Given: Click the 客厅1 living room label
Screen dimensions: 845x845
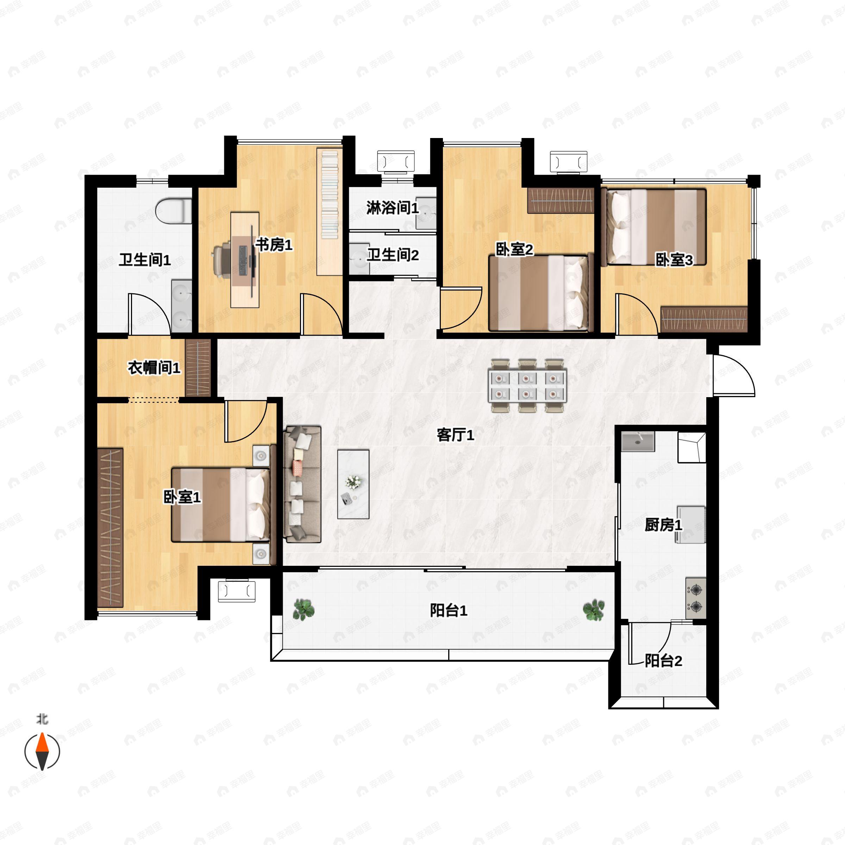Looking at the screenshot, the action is click(x=455, y=435).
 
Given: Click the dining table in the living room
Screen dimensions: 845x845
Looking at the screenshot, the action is click(x=527, y=385).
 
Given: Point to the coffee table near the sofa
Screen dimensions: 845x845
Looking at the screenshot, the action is click(x=353, y=484).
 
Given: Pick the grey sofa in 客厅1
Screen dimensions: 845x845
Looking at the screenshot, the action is click(x=302, y=484).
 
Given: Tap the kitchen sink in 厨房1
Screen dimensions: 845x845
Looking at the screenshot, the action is click(x=638, y=441).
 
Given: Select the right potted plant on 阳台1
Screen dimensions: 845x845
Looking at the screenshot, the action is click(x=594, y=609).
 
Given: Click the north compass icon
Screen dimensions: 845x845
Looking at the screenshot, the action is click(x=42, y=751).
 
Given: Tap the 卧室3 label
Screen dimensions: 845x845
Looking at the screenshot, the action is click(x=674, y=260).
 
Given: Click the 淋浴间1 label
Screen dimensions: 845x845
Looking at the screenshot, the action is click(x=392, y=208).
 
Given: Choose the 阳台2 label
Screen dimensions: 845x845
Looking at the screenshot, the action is click(x=663, y=661).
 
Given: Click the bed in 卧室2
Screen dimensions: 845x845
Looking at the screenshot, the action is click(x=540, y=293).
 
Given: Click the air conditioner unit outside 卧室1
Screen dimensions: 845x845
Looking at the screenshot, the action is click(x=237, y=591).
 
